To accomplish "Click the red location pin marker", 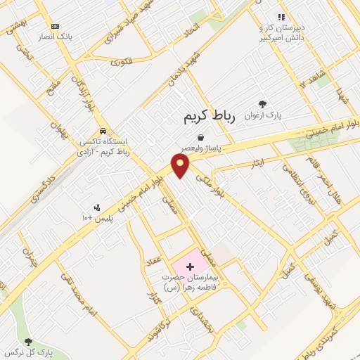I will click(x=181, y=165).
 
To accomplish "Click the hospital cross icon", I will click(x=190, y=266).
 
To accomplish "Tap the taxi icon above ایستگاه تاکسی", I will click(x=103, y=131).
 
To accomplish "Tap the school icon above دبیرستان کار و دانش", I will click(x=281, y=17).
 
